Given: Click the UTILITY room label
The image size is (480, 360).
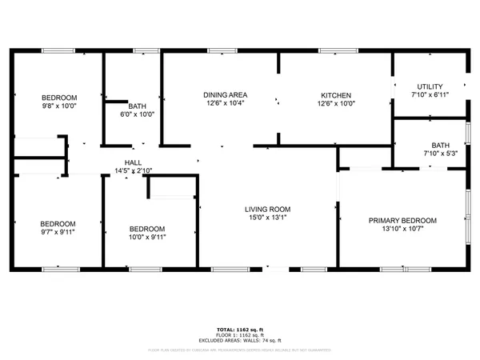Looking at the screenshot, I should coord(430,86).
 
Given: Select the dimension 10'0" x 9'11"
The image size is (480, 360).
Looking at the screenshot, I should coord(147,237).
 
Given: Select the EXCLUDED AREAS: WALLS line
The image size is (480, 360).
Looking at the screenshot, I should coord(240,340).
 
